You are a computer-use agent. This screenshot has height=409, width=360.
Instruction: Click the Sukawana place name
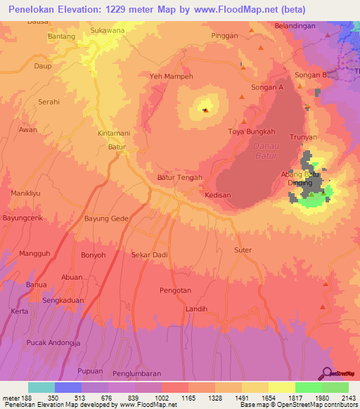pos(108,32)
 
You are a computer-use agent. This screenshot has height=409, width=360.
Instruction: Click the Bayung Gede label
pos(106,219)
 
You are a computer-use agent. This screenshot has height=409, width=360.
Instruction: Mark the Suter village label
pos(243,250)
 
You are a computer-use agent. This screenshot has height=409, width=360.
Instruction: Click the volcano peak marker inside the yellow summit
pos(205,110)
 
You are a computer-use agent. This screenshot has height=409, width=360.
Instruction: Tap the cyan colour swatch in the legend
pos(41,387)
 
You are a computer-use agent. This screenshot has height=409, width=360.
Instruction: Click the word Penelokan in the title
pos(40,9)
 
